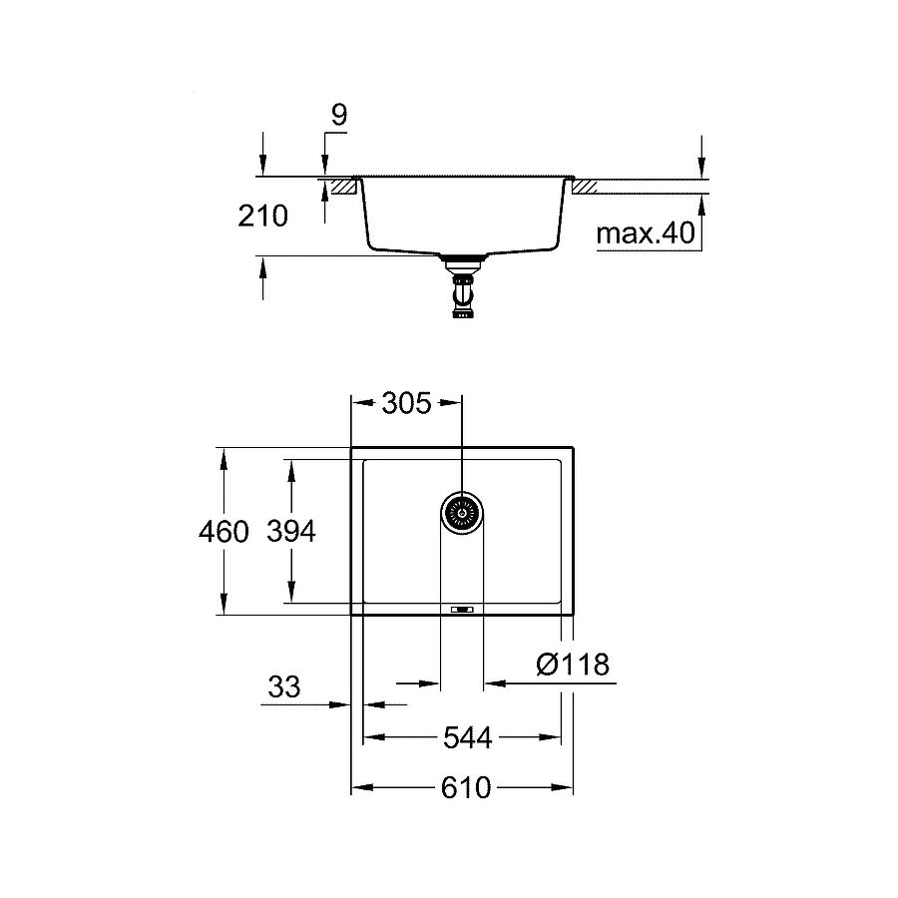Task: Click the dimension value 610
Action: (x=466, y=788)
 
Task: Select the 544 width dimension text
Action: (x=467, y=738)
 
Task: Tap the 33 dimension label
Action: (x=284, y=686)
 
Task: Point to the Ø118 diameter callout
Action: (x=572, y=665)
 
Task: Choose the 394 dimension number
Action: (x=290, y=532)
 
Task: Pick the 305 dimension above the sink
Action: (x=406, y=403)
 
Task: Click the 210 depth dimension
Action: (x=263, y=215)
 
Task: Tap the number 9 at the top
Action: (x=338, y=115)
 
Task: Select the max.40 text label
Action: (x=644, y=234)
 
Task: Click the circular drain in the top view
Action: (x=462, y=513)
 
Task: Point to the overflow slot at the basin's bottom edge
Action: (x=462, y=609)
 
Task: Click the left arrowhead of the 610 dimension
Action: (x=357, y=788)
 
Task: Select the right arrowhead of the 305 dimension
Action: (x=455, y=403)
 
